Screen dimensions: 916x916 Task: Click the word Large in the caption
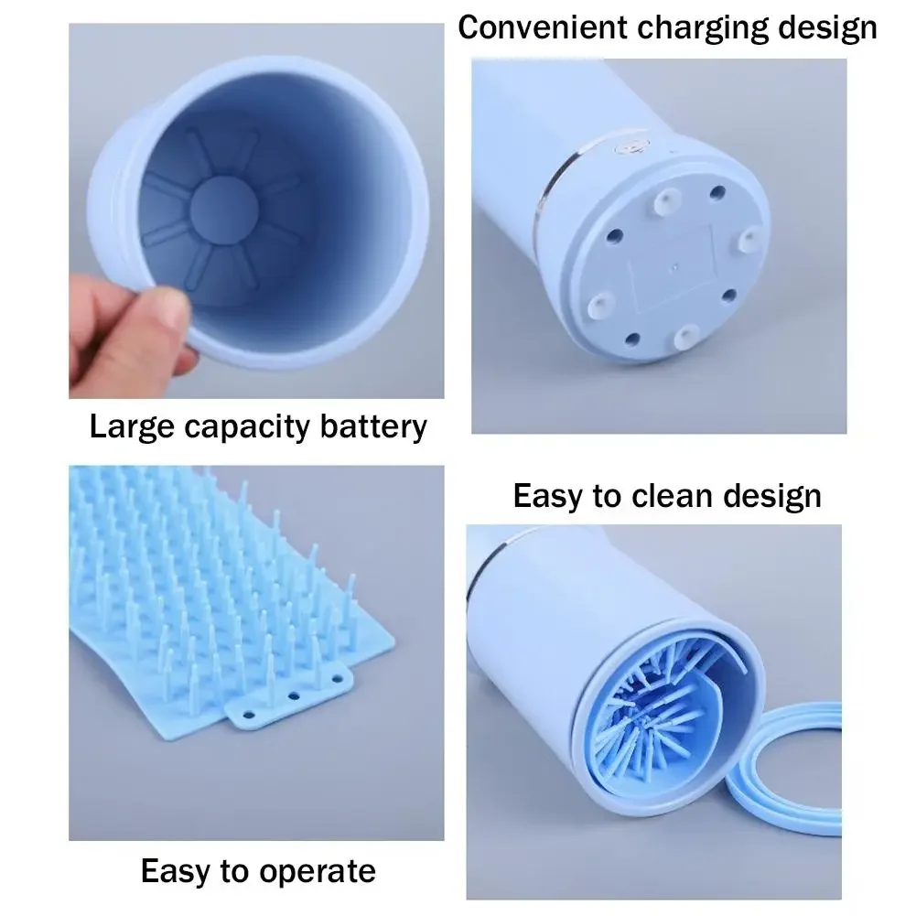click(127, 426)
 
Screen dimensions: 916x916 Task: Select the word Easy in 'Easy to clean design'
click(547, 496)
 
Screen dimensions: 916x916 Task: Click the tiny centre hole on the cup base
click(674, 270)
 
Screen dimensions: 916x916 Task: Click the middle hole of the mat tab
click(294, 695)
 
